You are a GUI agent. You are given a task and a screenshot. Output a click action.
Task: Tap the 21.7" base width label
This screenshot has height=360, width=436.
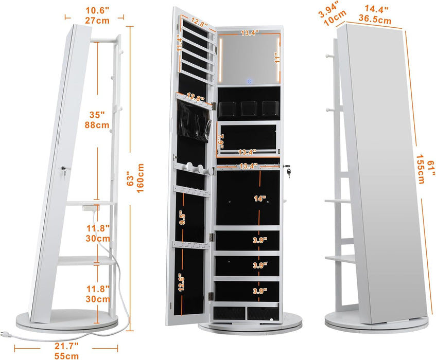point(66,346)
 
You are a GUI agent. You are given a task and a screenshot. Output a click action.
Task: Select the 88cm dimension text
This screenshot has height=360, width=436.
point(97,125)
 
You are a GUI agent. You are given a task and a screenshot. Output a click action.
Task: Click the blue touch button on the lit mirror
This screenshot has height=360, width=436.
point(250,81)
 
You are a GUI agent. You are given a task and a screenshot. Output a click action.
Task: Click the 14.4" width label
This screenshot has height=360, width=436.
point(376,9)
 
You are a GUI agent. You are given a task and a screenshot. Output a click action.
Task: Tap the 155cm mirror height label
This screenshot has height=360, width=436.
point(421,169)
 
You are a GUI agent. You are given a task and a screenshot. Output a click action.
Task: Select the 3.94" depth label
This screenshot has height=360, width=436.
point(328,9)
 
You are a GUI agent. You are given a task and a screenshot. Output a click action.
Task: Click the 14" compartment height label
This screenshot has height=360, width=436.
point(260,199)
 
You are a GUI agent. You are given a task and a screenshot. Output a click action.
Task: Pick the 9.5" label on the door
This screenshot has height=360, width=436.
point(183,219)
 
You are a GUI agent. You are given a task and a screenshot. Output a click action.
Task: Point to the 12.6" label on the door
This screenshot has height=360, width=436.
point(182,282)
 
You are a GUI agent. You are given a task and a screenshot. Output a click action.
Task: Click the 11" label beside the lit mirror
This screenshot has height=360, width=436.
point(277,58)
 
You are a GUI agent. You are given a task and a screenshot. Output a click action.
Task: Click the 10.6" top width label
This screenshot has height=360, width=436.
point(97,11)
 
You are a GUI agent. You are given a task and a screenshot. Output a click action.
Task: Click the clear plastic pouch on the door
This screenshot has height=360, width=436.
point(193,121)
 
